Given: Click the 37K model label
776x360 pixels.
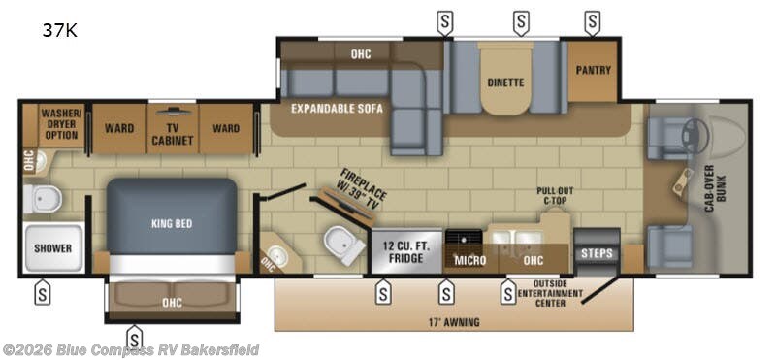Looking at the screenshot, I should pos(59,30).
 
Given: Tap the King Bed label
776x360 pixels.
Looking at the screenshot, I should pos(171,223).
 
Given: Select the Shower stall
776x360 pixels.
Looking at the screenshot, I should pos(53,248).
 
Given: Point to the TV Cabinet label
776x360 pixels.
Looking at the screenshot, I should pos(172,134).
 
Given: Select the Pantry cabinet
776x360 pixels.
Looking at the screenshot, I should pos(592,70).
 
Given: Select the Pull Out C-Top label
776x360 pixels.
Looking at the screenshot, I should pos(555,197).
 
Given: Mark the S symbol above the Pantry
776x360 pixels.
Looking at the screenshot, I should pos(592,20).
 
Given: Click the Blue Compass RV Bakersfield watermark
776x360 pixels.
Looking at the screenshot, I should pos(131,349).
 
